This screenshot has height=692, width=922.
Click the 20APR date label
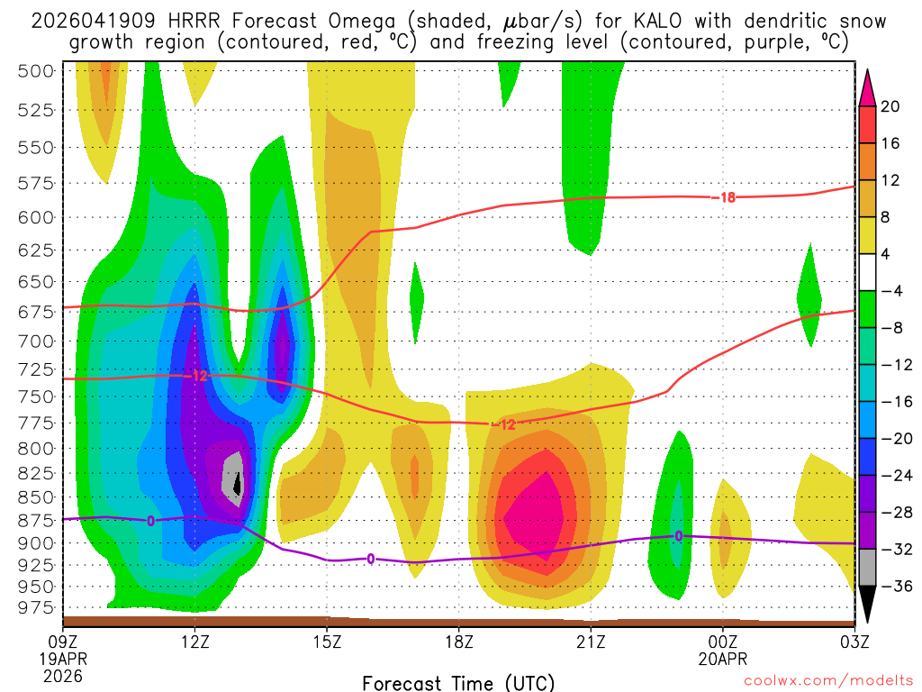[x=723, y=658]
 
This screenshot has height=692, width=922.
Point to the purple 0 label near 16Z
[x=370, y=560]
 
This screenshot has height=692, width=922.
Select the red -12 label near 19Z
[x=506, y=424]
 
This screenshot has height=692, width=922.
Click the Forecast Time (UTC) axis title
[x=458, y=682]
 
